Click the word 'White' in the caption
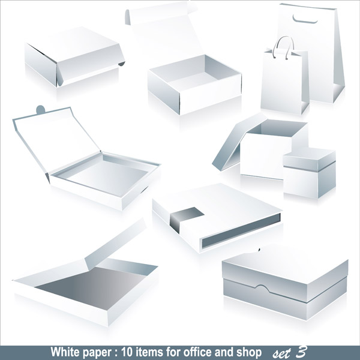pyautogui.click(x=64, y=351)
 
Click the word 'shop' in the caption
pyautogui.click(x=249, y=351)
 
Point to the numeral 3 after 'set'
pyautogui.click(x=301, y=350)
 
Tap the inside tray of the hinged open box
pyautogui.click(x=108, y=174)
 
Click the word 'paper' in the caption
pyautogui.click(x=93, y=351)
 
